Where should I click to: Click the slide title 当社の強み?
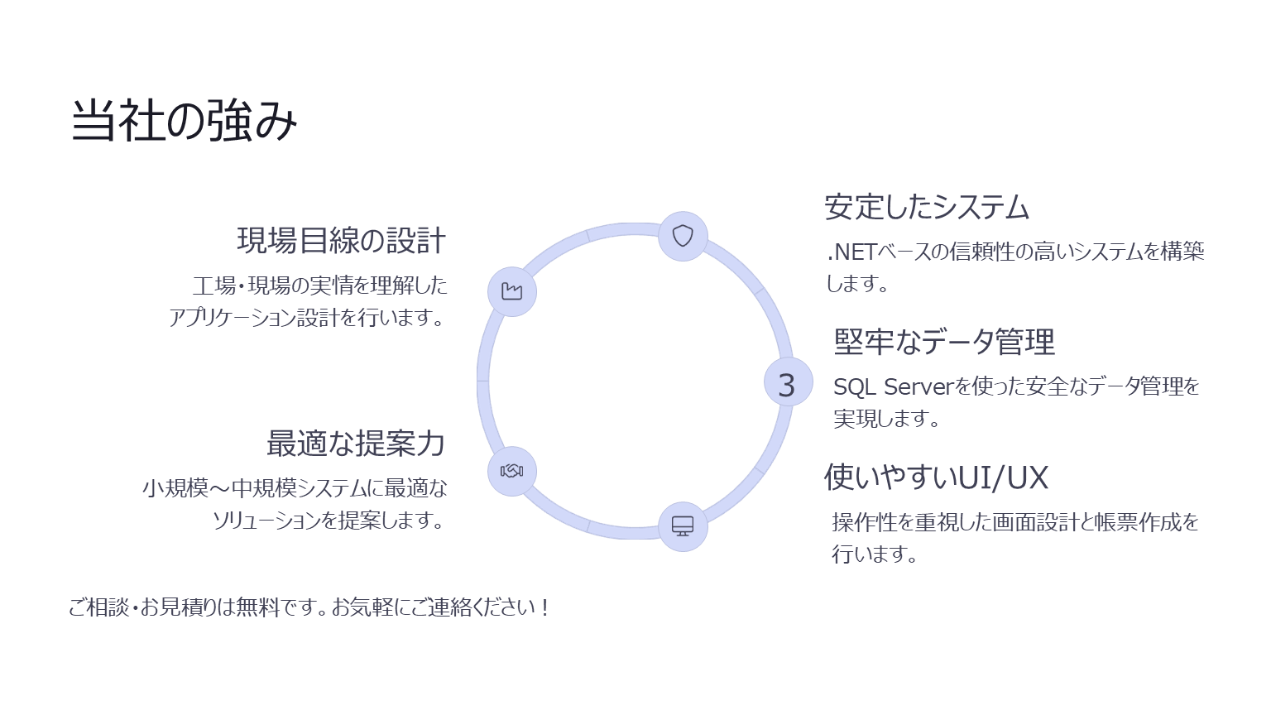point(184,120)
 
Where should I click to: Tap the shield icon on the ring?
point(683,236)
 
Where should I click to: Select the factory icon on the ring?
point(512,291)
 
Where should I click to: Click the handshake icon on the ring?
point(512,471)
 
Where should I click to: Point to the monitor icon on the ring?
point(683,526)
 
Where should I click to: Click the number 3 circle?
point(788,381)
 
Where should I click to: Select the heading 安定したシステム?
point(927,207)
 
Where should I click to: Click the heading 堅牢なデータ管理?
point(944,342)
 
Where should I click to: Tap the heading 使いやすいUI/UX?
point(936,477)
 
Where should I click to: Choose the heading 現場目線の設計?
point(341,240)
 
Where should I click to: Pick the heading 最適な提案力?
point(356,444)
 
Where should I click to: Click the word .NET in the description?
point(851,252)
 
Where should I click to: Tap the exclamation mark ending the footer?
point(544,607)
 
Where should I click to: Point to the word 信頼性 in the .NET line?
point(981,252)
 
